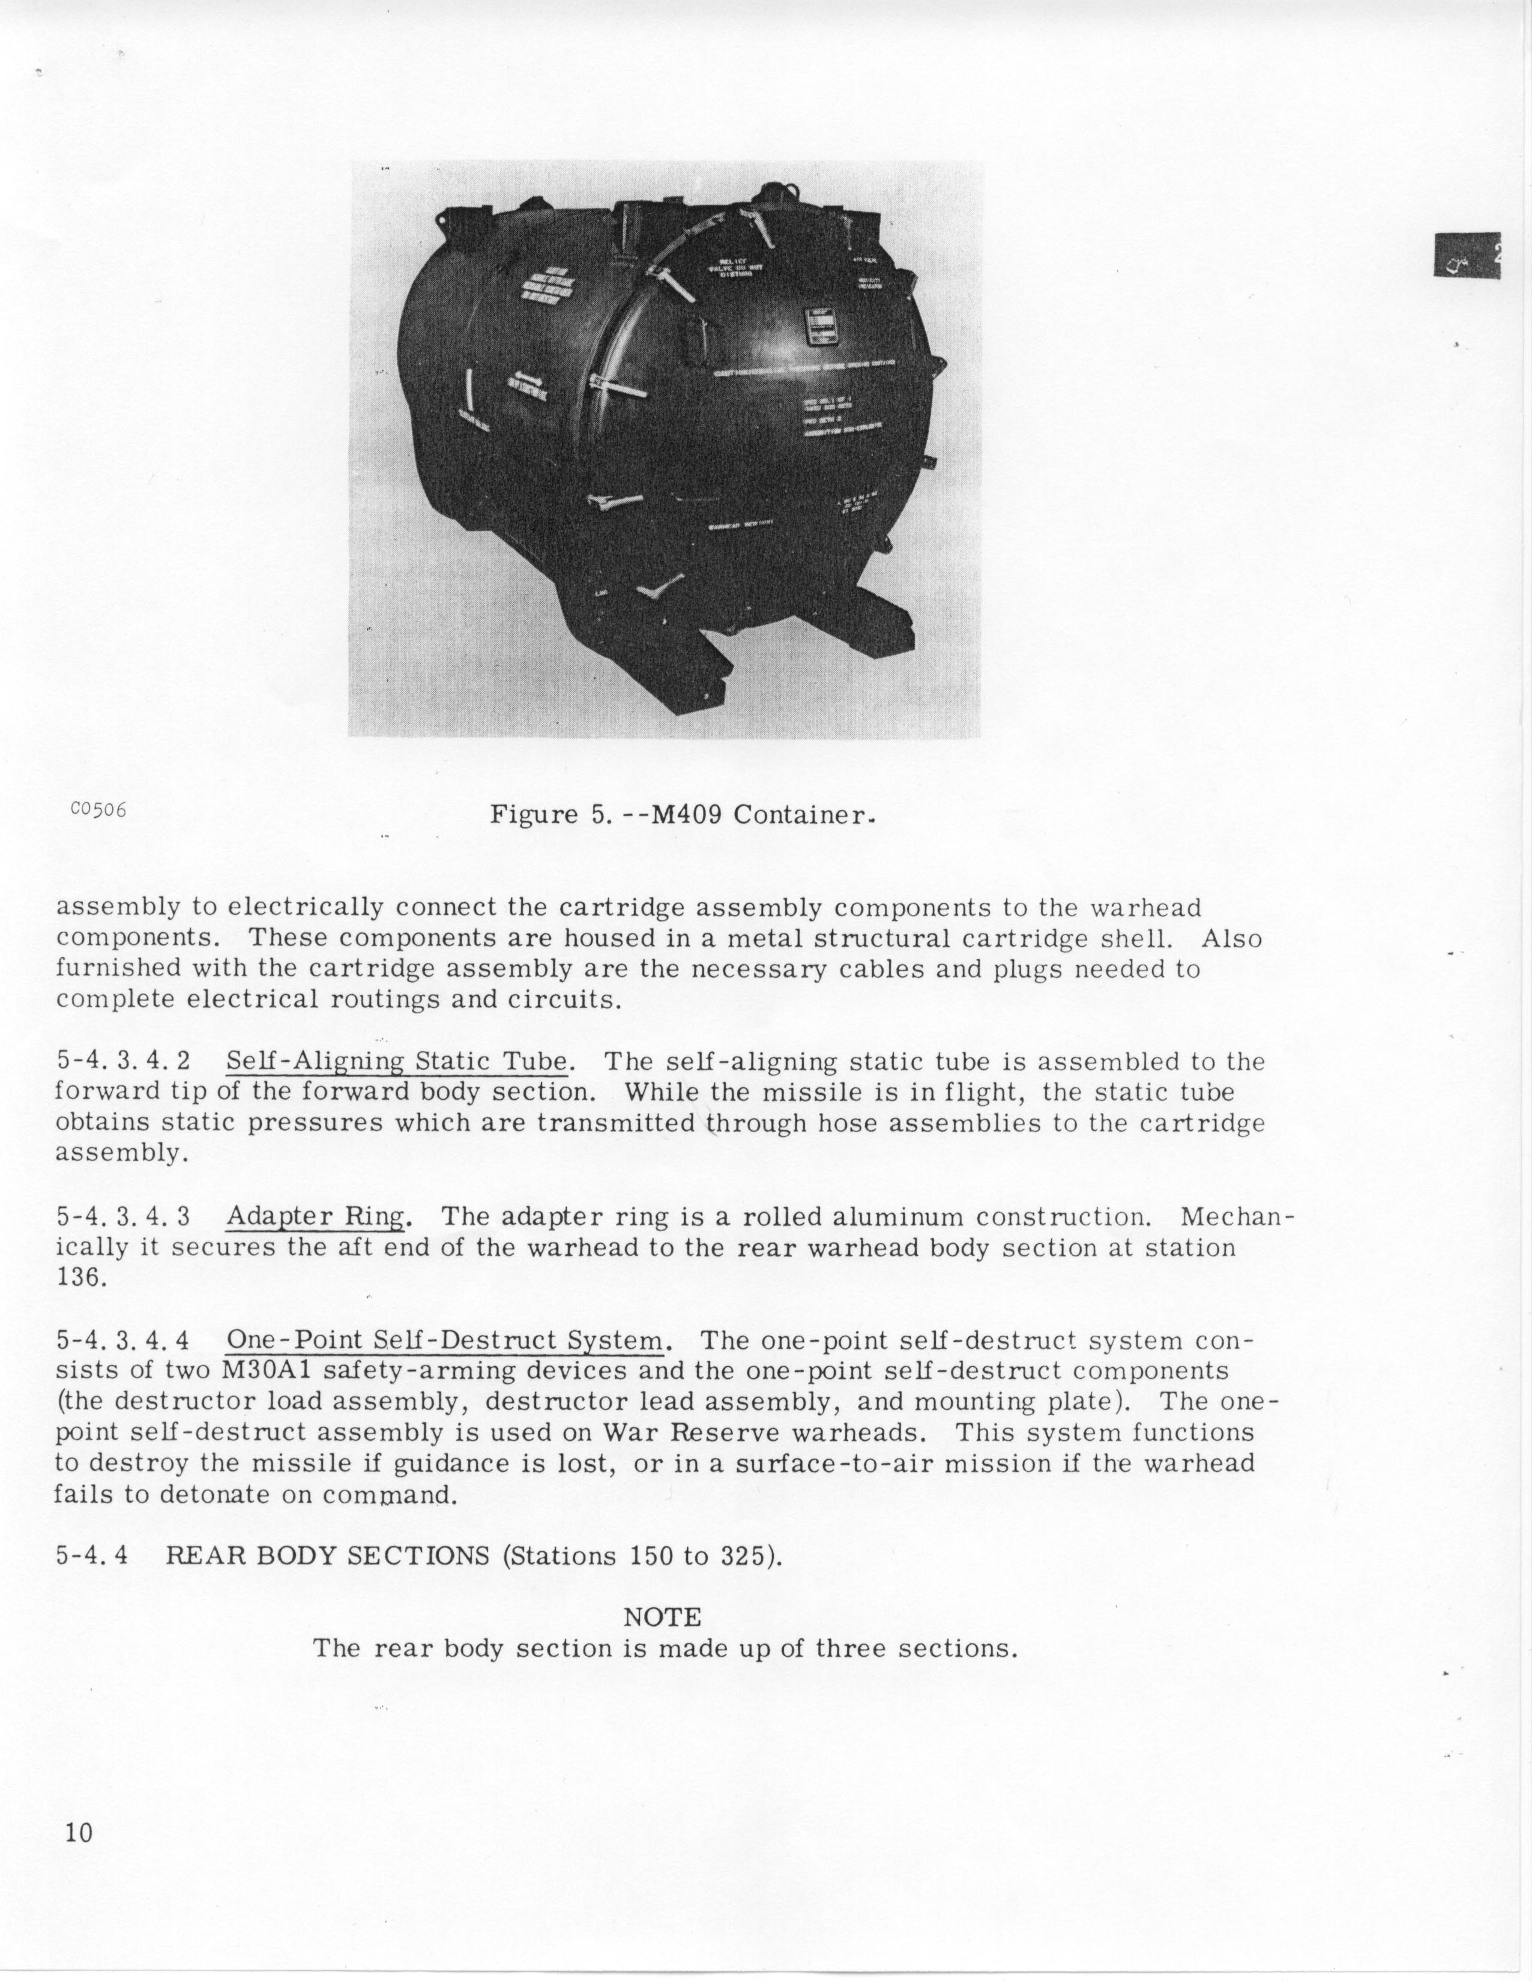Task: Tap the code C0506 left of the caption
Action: tap(97, 810)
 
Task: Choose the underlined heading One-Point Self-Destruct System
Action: tap(444, 1340)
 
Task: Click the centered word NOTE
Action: tap(662, 1617)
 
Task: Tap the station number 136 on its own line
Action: tap(82, 1278)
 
